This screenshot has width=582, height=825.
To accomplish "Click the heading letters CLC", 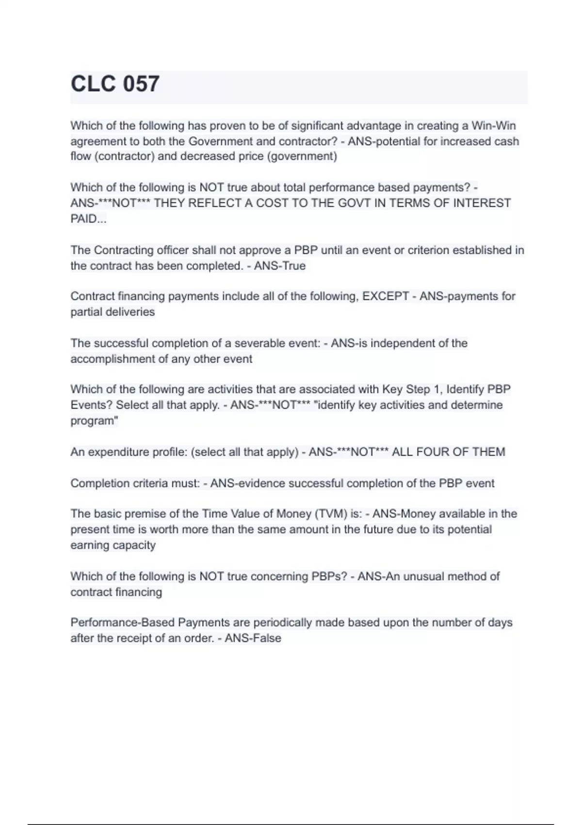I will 94,84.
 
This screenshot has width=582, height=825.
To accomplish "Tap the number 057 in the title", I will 141,84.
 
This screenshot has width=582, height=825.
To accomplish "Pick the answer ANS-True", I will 280,266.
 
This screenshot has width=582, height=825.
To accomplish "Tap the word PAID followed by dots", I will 88,219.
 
